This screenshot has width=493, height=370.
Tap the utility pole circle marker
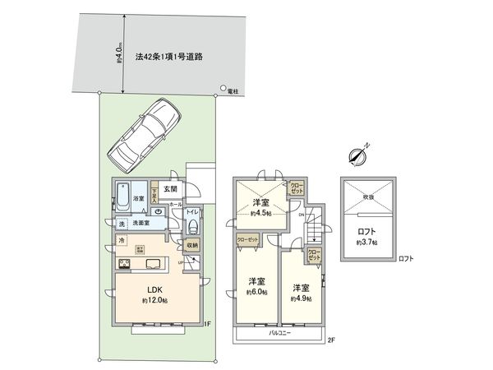click(x=222, y=90)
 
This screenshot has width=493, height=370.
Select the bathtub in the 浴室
click(x=123, y=198)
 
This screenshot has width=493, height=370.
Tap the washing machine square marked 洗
click(x=121, y=224)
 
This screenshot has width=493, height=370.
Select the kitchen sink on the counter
click(x=155, y=264)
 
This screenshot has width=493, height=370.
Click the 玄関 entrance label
click(x=169, y=189)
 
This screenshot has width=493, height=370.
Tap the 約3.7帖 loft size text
click(x=367, y=243)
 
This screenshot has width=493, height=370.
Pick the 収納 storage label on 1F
click(x=191, y=244)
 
